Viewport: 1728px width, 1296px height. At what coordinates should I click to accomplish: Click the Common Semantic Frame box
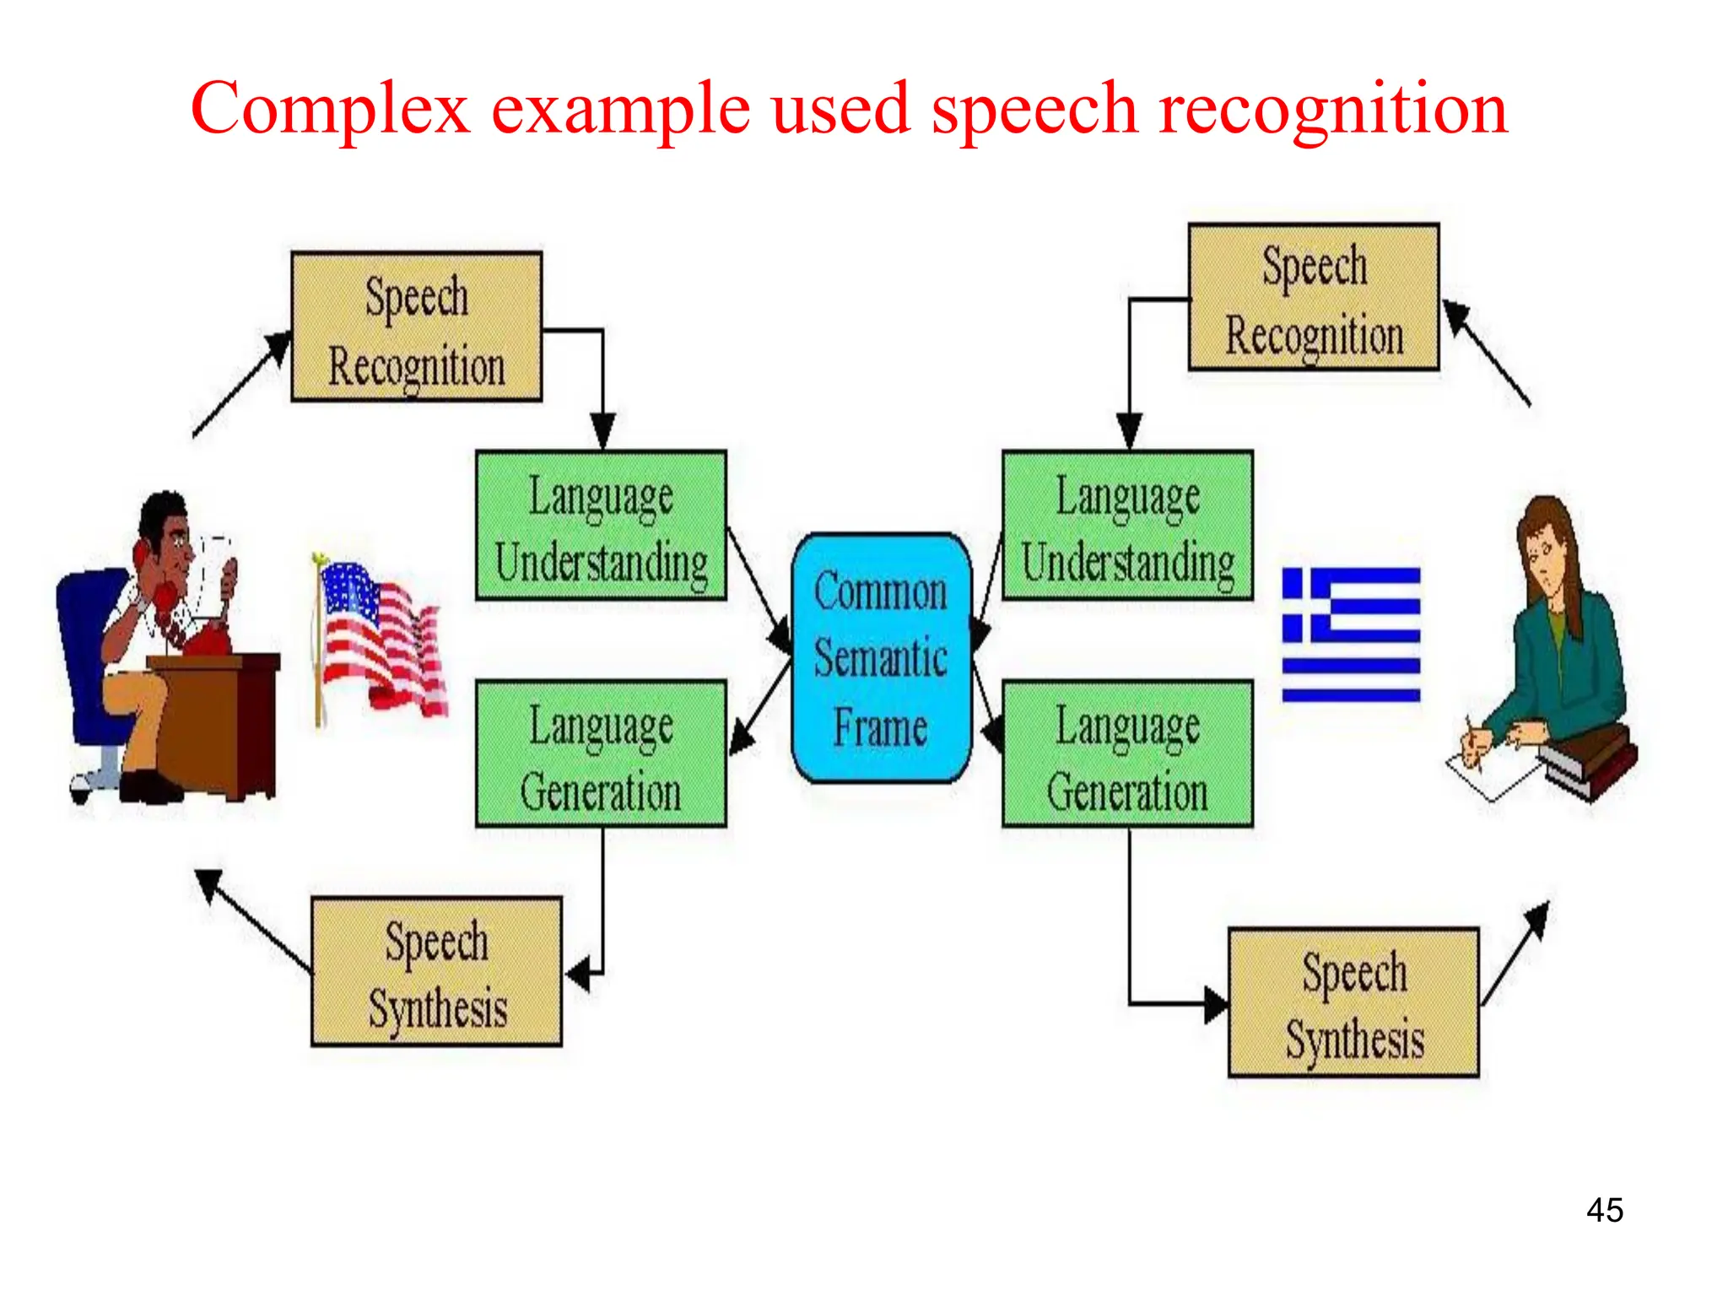pos(881,658)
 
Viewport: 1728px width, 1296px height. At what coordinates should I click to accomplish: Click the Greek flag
pos(1351,634)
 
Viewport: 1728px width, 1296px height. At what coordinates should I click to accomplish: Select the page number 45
pos(1604,1210)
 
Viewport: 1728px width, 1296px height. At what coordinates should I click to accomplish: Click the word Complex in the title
pos(330,110)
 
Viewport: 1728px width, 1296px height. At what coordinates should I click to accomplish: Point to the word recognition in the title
pos(1333,110)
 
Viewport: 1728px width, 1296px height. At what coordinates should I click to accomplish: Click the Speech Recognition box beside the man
pos(416,327)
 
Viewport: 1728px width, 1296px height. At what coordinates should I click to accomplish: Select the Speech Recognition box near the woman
pos(1313,297)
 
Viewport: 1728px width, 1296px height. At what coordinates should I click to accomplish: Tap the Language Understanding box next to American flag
pos(601,526)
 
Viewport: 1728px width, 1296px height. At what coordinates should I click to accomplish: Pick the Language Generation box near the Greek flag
pos(1127,754)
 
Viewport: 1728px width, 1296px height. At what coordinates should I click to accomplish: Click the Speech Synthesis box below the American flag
pos(436,971)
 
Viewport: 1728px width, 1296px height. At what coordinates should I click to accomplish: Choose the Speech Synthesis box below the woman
pos(1353,1002)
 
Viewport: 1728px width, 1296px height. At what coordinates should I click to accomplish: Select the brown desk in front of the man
pos(219,717)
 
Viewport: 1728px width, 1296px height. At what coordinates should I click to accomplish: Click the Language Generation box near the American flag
pos(601,754)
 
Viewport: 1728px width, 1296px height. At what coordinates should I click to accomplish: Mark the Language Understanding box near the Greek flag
pos(1127,526)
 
